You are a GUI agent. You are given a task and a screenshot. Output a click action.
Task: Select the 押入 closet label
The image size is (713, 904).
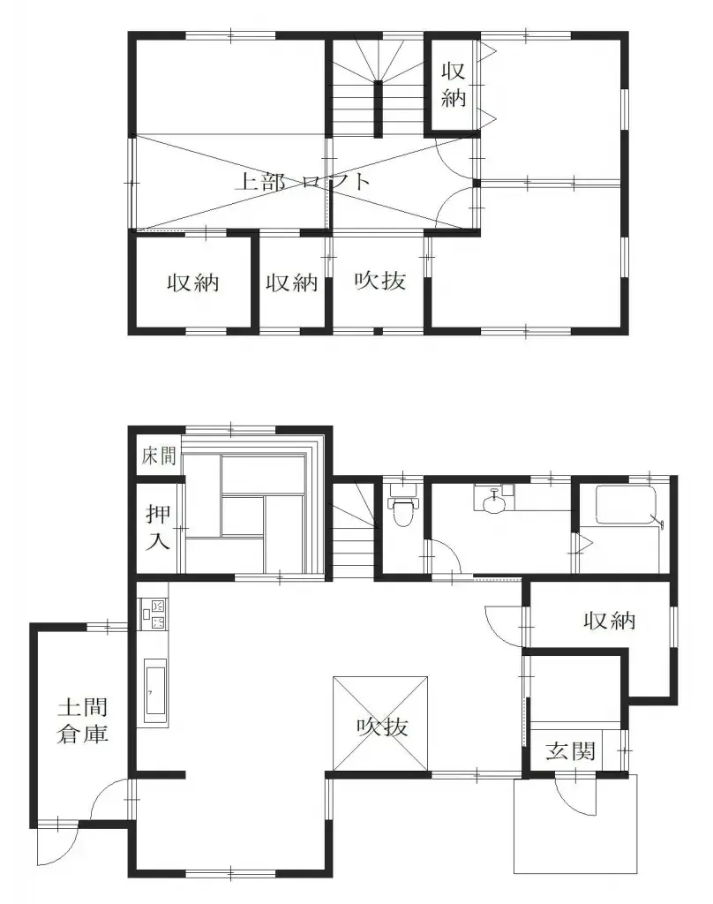[158, 527]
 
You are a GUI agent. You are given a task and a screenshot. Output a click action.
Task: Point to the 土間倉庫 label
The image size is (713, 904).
[84, 720]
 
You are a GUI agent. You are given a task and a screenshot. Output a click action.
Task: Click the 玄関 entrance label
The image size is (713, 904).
[569, 752]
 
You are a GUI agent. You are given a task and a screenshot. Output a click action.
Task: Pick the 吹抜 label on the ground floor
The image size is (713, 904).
[382, 727]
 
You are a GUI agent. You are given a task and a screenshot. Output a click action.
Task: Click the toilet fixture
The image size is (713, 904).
[402, 509]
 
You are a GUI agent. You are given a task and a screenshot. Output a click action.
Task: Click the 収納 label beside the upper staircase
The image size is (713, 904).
[454, 84]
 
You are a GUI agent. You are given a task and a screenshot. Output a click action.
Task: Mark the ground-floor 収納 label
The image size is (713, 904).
[609, 621]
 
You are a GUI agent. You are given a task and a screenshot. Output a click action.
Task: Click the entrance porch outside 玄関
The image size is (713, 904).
[575, 825]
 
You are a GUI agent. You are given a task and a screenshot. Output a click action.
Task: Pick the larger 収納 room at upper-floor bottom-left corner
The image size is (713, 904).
[193, 283]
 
